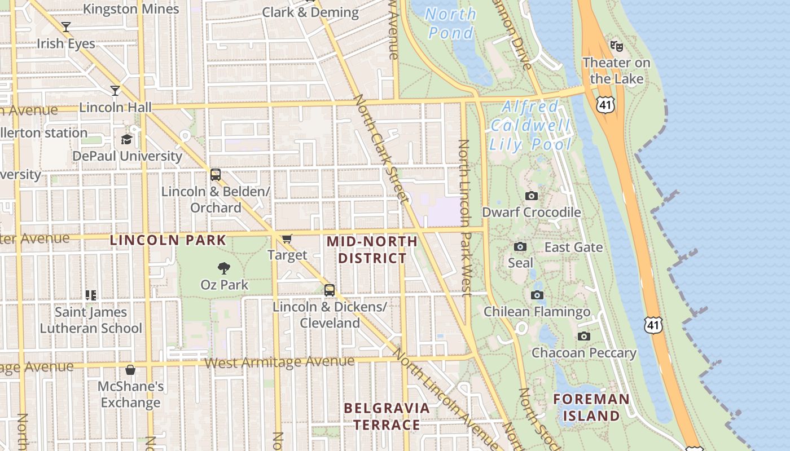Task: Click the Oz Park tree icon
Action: tap(224, 268)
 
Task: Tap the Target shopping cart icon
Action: tap(287, 239)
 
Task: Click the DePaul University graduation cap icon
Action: tap(126, 139)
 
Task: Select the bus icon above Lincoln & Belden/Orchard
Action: tap(216, 175)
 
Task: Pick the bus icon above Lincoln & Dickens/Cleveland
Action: tap(330, 290)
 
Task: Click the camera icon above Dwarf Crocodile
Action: tap(531, 196)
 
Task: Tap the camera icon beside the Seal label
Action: tap(520, 247)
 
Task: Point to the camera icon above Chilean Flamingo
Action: tap(537, 295)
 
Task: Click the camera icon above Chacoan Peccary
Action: tap(584, 337)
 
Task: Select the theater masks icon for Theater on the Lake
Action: tap(616, 46)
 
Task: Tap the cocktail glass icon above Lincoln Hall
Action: tap(115, 90)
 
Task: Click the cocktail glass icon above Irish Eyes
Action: tap(66, 26)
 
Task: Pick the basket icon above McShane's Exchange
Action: tap(130, 370)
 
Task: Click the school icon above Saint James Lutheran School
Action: tap(91, 295)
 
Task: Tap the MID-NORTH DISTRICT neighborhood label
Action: tap(372, 250)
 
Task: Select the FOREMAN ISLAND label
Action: tap(591, 407)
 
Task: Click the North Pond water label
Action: tap(450, 23)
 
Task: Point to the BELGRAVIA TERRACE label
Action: tap(387, 416)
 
